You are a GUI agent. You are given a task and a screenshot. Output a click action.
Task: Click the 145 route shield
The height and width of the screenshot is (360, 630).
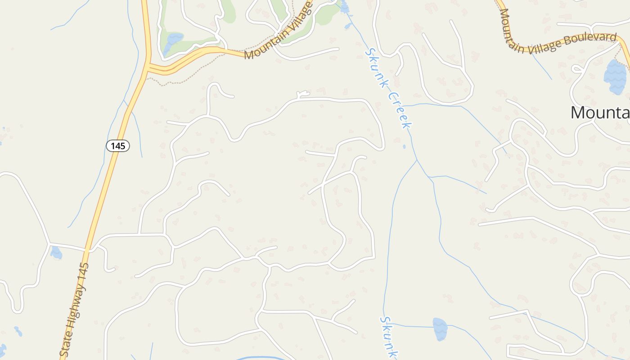(x=118, y=145)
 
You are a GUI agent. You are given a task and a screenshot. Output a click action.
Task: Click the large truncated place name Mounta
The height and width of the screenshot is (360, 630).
(x=600, y=112)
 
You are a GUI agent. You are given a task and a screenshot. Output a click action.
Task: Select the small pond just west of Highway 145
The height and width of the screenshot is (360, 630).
(x=56, y=252)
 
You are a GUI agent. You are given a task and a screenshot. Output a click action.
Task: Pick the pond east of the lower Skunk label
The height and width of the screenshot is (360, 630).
(x=440, y=328)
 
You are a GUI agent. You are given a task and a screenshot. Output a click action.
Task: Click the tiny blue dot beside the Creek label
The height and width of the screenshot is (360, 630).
(x=404, y=146)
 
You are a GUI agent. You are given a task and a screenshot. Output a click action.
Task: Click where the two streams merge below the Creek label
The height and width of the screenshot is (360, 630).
(x=417, y=160)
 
